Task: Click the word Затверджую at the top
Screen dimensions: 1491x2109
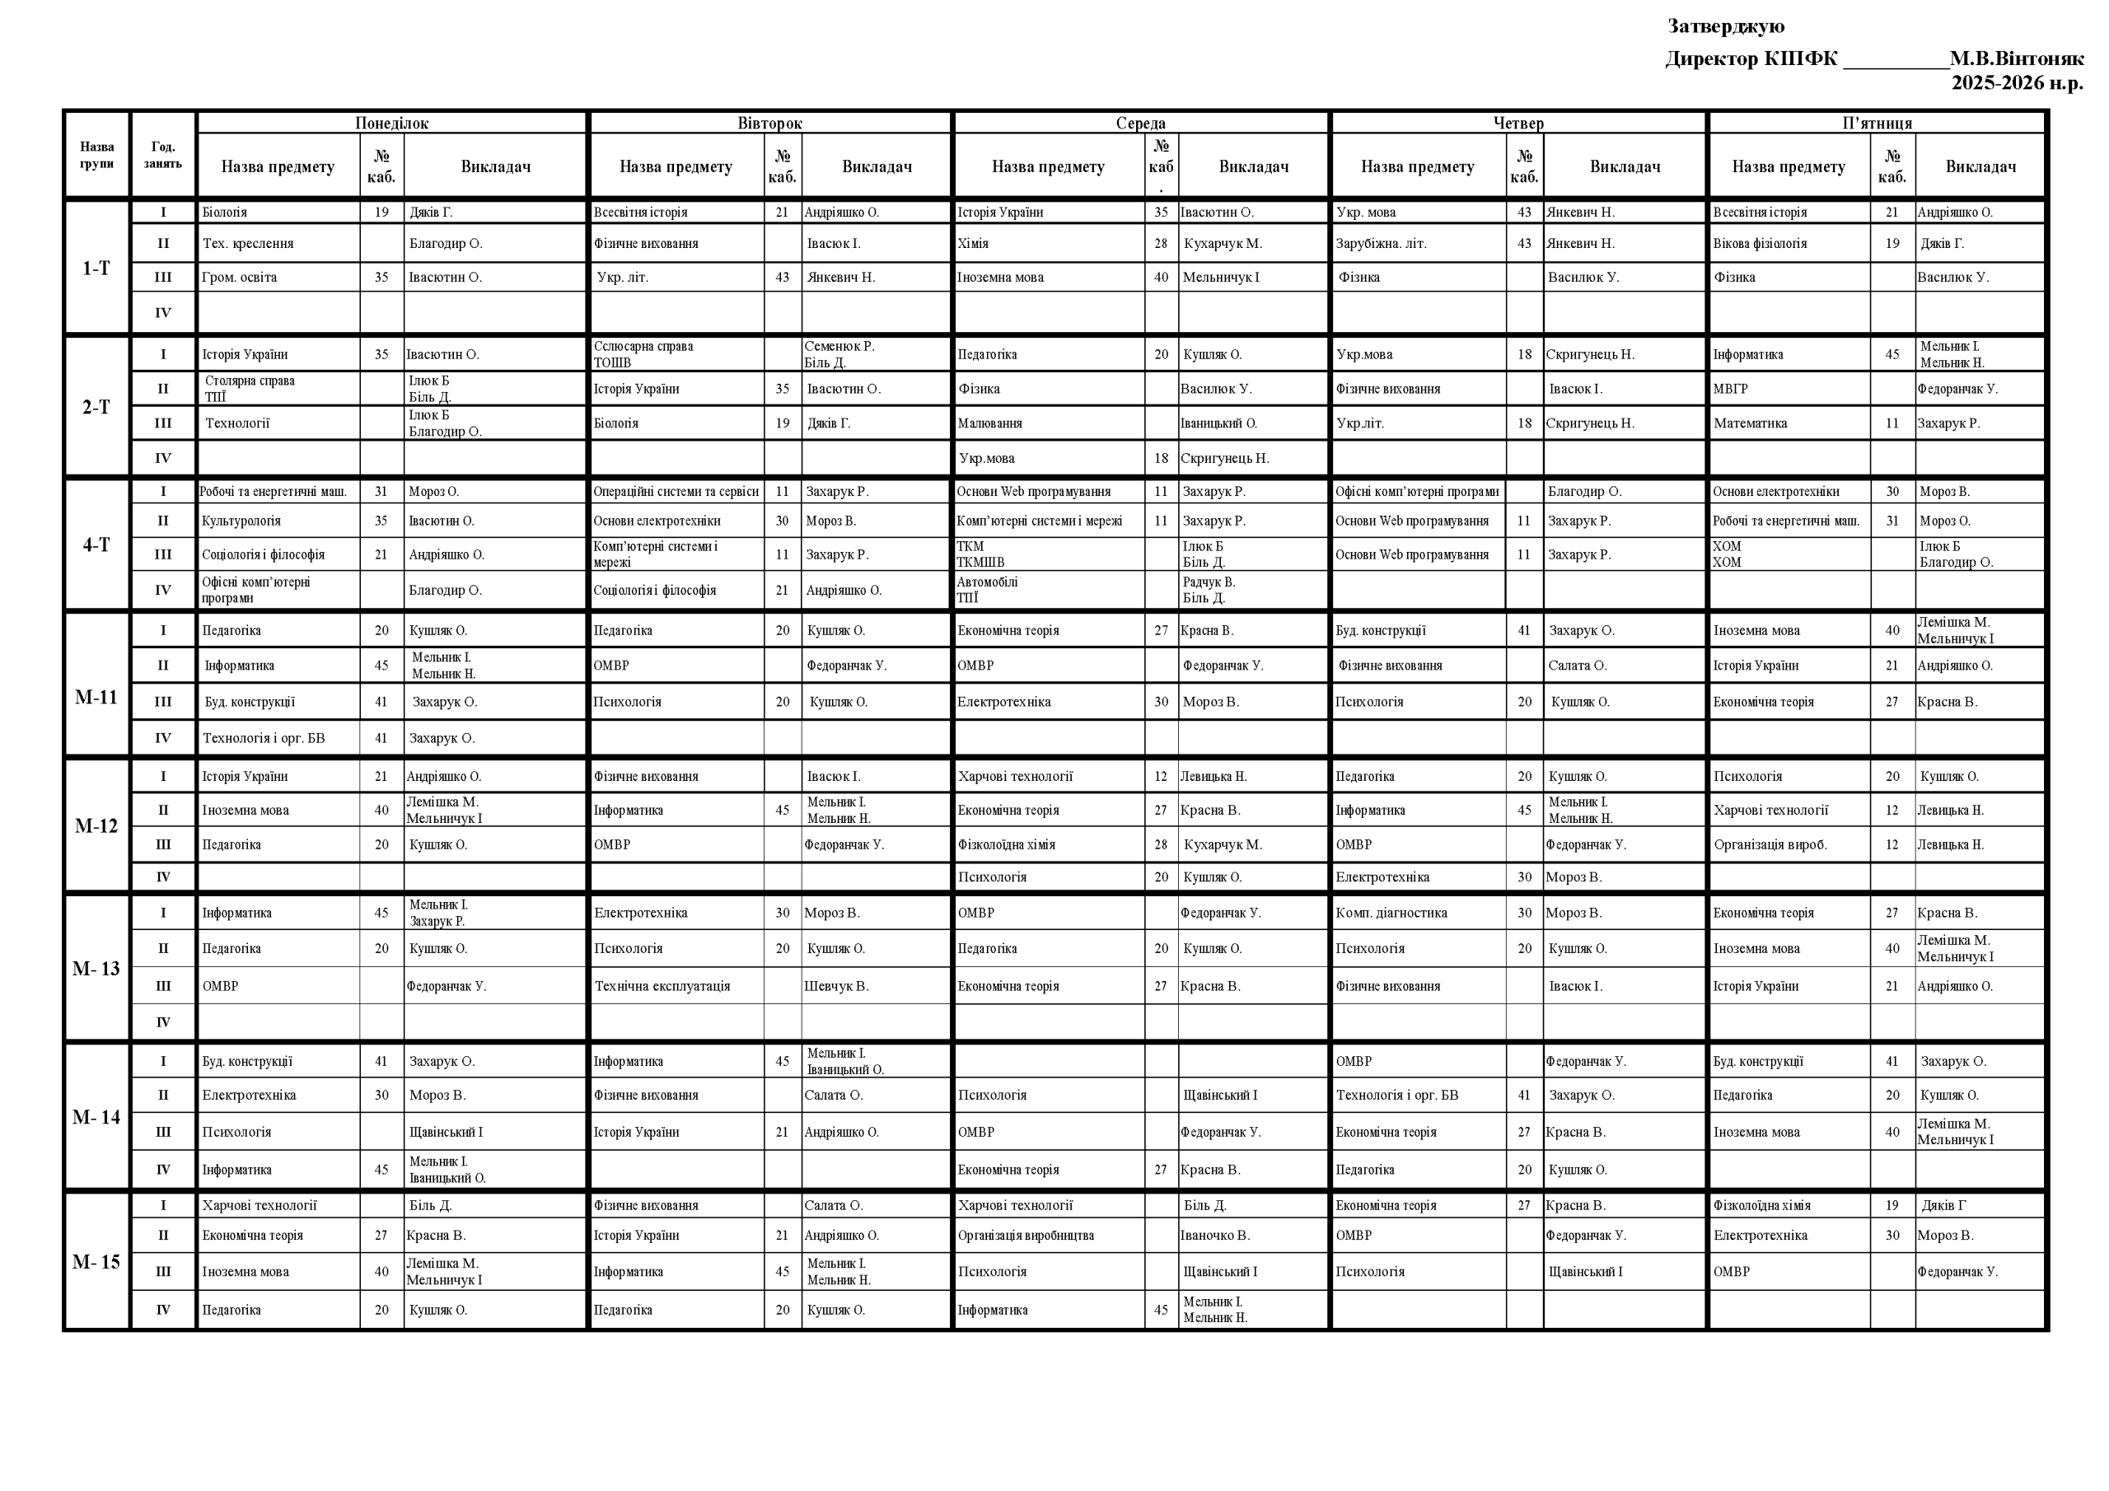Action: tap(1725, 26)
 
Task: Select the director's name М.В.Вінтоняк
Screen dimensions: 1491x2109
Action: tap(2016, 59)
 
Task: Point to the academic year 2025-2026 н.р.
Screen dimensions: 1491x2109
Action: tap(2016, 83)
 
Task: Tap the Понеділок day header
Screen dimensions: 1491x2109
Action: tap(391, 123)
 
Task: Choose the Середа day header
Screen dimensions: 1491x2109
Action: tap(1140, 123)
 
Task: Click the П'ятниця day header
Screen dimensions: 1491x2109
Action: tap(1877, 123)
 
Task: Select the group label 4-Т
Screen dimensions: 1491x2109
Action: tap(96, 545)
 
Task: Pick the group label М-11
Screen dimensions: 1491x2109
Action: tap(96, 697)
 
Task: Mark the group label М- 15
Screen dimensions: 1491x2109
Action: tap(96, 1262)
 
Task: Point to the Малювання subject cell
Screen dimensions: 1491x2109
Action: tap(989, 423)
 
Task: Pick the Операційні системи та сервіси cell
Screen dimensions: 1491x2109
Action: tap(676, 492)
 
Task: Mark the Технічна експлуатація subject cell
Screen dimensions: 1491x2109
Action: tap(662, 986)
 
